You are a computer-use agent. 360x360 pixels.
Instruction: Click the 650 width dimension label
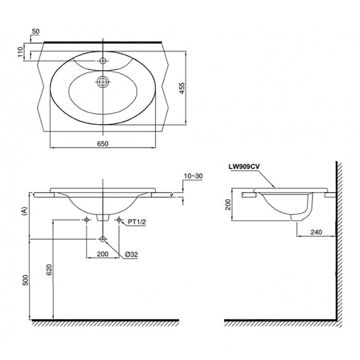(x=104, y=143)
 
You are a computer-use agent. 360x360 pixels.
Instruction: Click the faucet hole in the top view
(x=104, y=61)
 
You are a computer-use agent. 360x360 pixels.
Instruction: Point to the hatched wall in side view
(x=338, y=240)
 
